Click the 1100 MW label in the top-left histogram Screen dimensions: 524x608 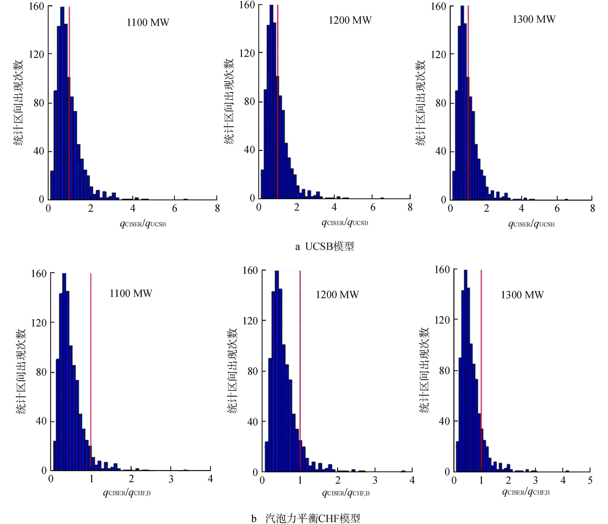148,23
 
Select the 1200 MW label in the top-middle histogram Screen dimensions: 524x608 350,20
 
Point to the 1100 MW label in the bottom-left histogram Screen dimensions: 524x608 131,293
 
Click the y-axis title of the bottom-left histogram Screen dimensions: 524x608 21,371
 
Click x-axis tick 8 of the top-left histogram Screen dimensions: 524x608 217,209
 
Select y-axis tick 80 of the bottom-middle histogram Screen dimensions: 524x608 252,371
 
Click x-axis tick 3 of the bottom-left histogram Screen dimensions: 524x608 171,479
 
